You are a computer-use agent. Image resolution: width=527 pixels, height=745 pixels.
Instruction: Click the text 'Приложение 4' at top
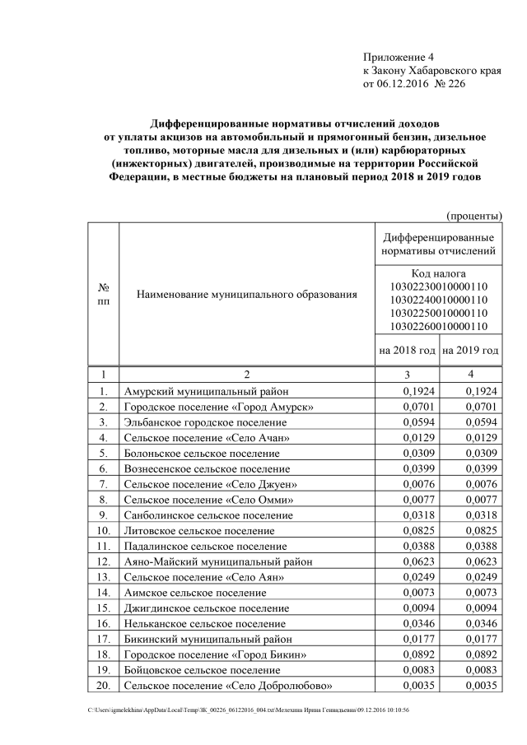pos(398,57)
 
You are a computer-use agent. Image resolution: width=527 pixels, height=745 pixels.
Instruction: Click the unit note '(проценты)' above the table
pos(474,216)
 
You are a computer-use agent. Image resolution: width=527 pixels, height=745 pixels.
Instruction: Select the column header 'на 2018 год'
pos(407,350)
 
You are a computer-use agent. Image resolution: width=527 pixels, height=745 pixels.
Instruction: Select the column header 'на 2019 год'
pos(470,350)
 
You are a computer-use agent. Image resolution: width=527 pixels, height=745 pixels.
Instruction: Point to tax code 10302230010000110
pos(438,286)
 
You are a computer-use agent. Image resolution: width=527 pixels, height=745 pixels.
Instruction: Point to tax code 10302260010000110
pos(438,326)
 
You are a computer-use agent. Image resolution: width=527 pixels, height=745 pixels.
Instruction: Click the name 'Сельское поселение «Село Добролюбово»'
pos(228,687)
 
